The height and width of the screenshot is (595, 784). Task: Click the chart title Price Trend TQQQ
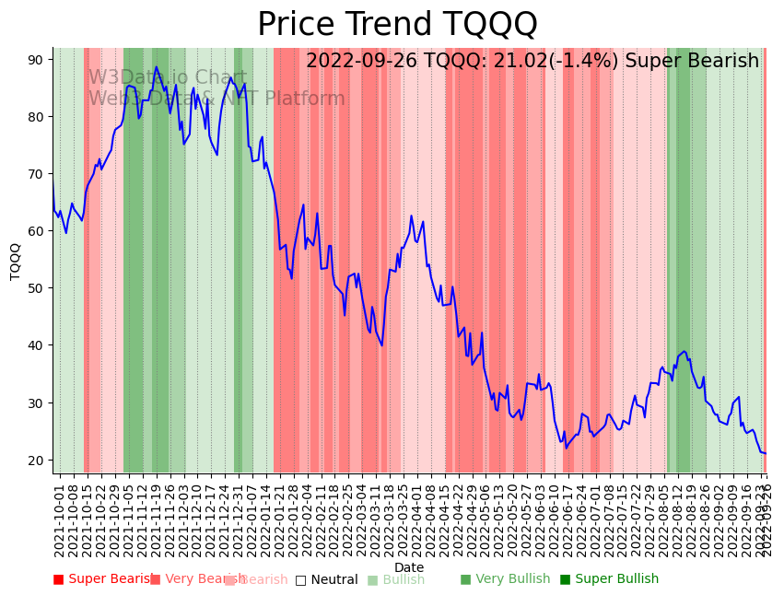pyautogui.click(x=397, y=25)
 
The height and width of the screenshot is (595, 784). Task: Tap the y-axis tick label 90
pyautogui.click(x=35, y=60)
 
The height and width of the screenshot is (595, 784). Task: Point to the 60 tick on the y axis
pyautogui.click(x=35, y=231)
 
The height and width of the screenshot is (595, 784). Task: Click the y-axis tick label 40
pyautogui.click(x=35, y=345)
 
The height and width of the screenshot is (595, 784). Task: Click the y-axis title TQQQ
pyautogui.click(x=15, y=261)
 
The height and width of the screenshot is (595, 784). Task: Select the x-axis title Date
pyautogui.click(x=409, y=568)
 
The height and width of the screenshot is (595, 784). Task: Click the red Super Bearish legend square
pyautogui.click(x=58, y=579)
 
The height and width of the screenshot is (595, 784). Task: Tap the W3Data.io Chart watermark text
pyautogui.click(x=167, y=78)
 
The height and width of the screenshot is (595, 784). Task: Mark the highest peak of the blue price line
pyautogui.click(x=156, y=67)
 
